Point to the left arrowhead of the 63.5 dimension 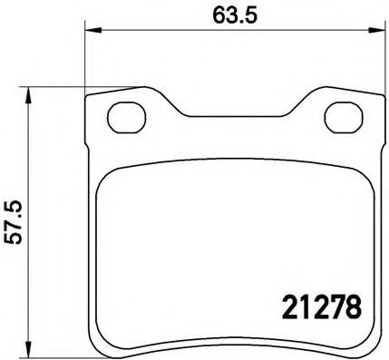point(92,34)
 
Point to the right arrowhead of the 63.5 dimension point(374,34)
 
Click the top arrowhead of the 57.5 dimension point(31,92)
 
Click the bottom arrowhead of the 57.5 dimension point(31,350)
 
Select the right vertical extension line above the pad point(377,59)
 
